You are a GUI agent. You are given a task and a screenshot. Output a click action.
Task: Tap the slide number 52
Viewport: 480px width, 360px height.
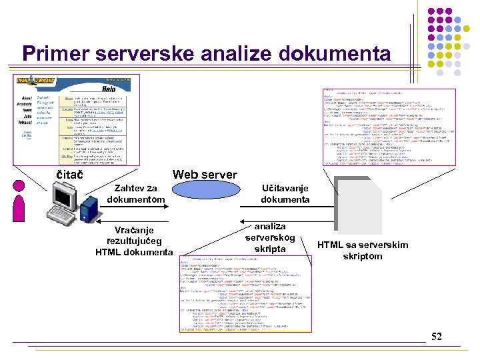(437, 336)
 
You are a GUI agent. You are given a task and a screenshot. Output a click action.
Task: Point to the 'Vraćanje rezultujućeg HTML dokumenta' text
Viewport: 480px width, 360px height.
(134, 241)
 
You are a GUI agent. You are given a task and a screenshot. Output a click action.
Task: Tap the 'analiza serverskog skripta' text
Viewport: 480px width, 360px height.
(270, 237)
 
